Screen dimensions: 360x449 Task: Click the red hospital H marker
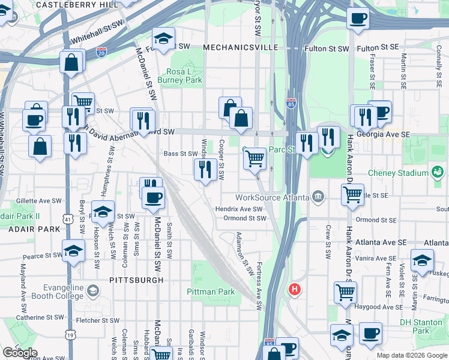tap(294, 289)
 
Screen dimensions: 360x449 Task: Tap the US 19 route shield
tap(71, 335)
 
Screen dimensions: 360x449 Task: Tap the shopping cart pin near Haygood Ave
tap(346, 292)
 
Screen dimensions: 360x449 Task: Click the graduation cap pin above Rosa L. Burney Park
tap(163, 40)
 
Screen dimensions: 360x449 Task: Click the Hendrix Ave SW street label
tap(240, 209)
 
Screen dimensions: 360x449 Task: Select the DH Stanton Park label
tap(423, 326)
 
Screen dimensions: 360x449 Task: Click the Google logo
tap(19, 353)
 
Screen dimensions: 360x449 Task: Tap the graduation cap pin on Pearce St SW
tap(74, 251)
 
